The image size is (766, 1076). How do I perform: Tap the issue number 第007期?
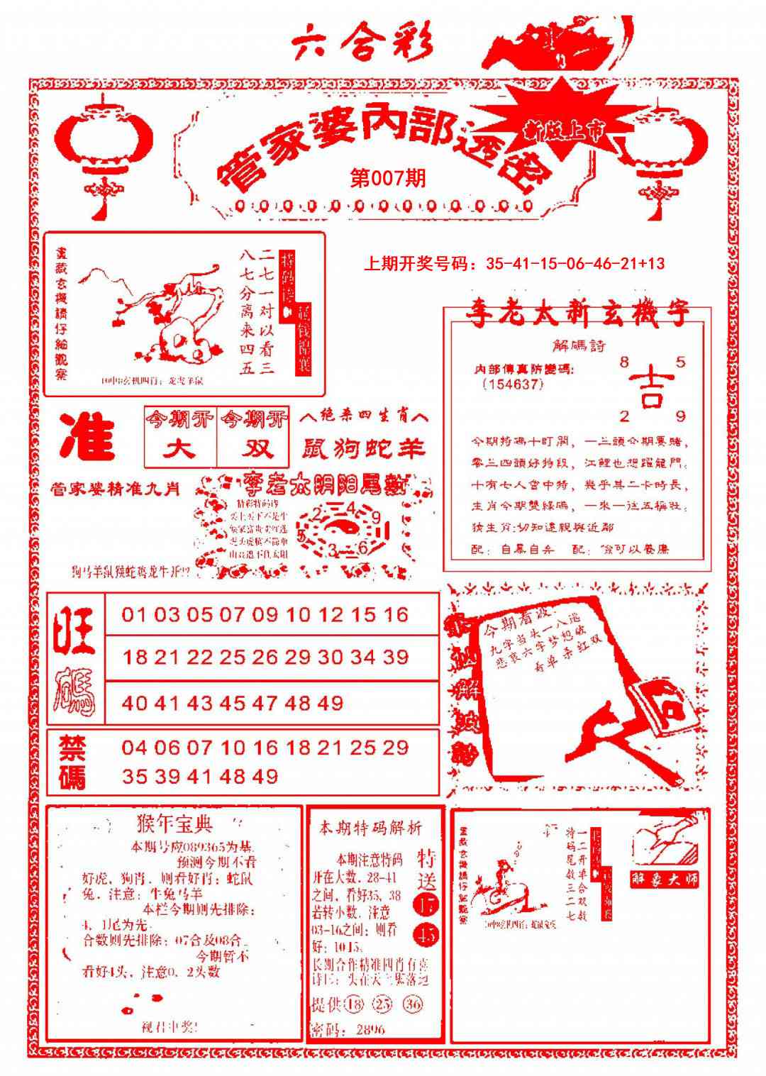pos(388,179)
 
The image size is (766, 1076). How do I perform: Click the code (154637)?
pos(511,384)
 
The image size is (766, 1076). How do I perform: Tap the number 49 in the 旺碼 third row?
pos(330,704)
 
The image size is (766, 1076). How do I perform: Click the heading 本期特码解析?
pos(370,828)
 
